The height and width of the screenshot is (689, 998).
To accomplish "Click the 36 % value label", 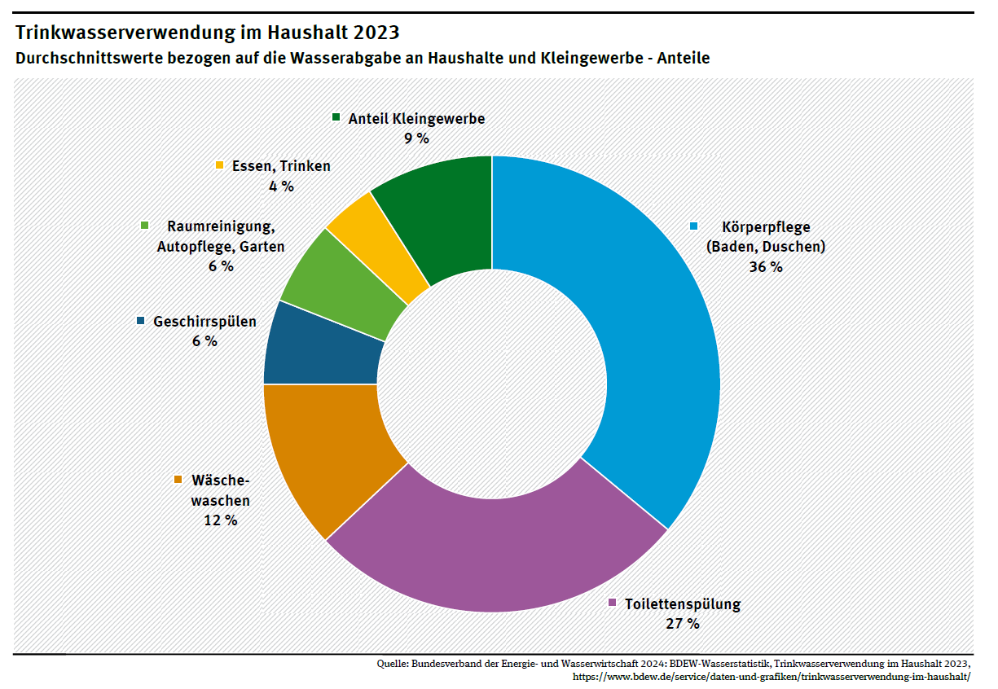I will point(766,266).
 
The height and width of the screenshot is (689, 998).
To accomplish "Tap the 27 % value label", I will point(683,624).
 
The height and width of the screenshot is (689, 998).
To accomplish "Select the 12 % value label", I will point(220,520).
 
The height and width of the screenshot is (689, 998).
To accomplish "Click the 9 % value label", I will point(416,138).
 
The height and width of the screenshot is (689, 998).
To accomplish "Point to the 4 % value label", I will point(281,186).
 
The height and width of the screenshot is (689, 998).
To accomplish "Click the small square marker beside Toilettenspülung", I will point(613,603).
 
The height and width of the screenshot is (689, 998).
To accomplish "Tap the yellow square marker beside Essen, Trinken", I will point(219,165).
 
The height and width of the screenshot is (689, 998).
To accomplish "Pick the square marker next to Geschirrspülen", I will point(141,321).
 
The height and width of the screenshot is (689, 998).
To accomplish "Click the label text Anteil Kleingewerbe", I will point(416,119).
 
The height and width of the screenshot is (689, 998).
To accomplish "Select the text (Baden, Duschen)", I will point(766,247).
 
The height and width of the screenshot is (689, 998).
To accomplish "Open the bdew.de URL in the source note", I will point(772,676).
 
